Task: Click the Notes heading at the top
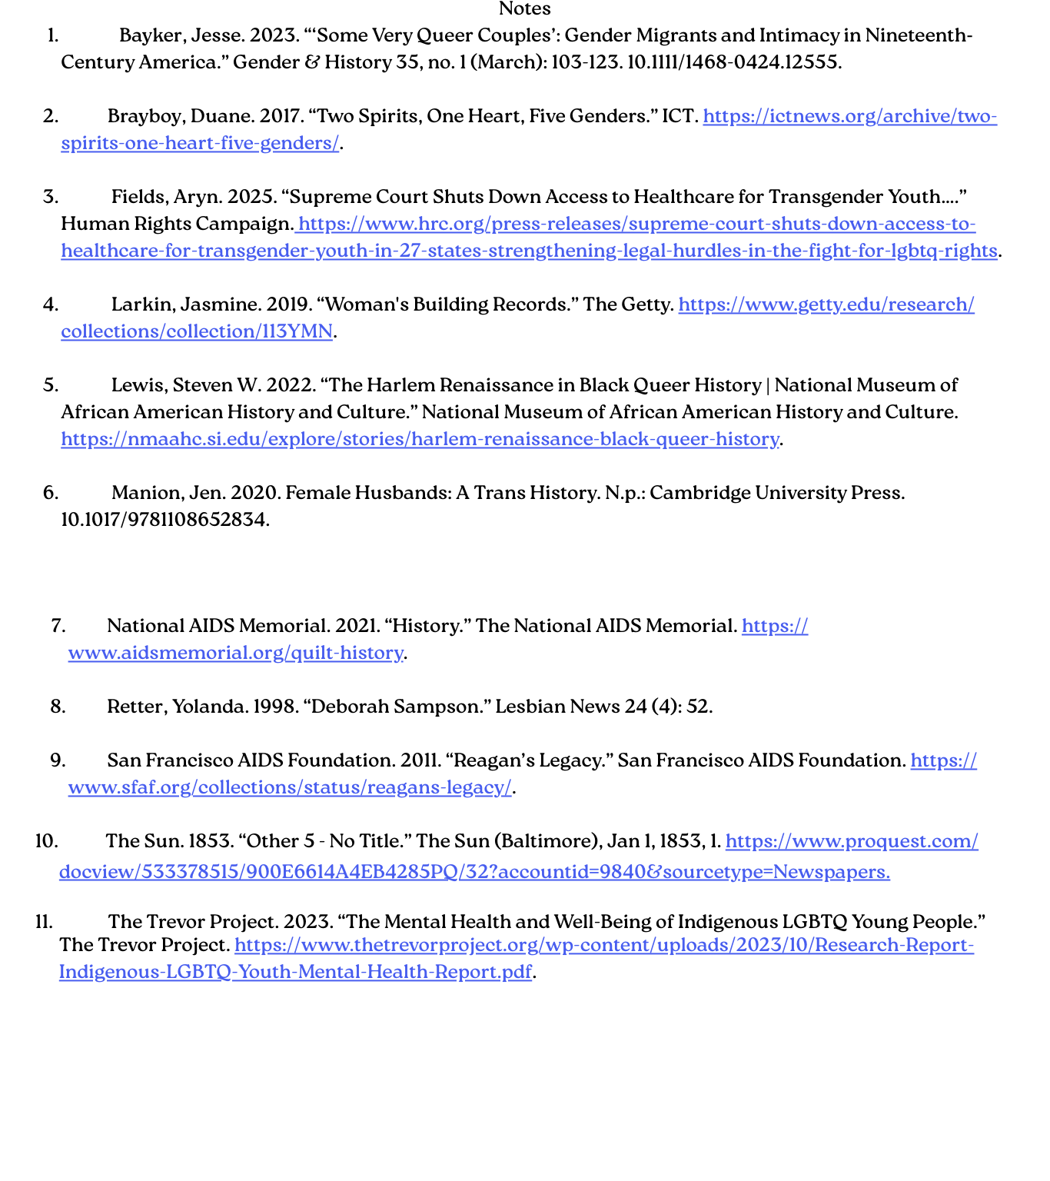524,9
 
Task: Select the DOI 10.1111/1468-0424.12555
733,62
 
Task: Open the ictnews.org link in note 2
849,116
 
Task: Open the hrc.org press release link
636,225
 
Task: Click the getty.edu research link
826,304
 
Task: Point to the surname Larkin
141,304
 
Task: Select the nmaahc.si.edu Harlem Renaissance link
420,439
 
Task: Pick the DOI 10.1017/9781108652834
164,520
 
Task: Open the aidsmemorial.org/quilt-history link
235,653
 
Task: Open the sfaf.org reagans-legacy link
289,787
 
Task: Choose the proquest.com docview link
474,872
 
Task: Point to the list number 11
45,922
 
